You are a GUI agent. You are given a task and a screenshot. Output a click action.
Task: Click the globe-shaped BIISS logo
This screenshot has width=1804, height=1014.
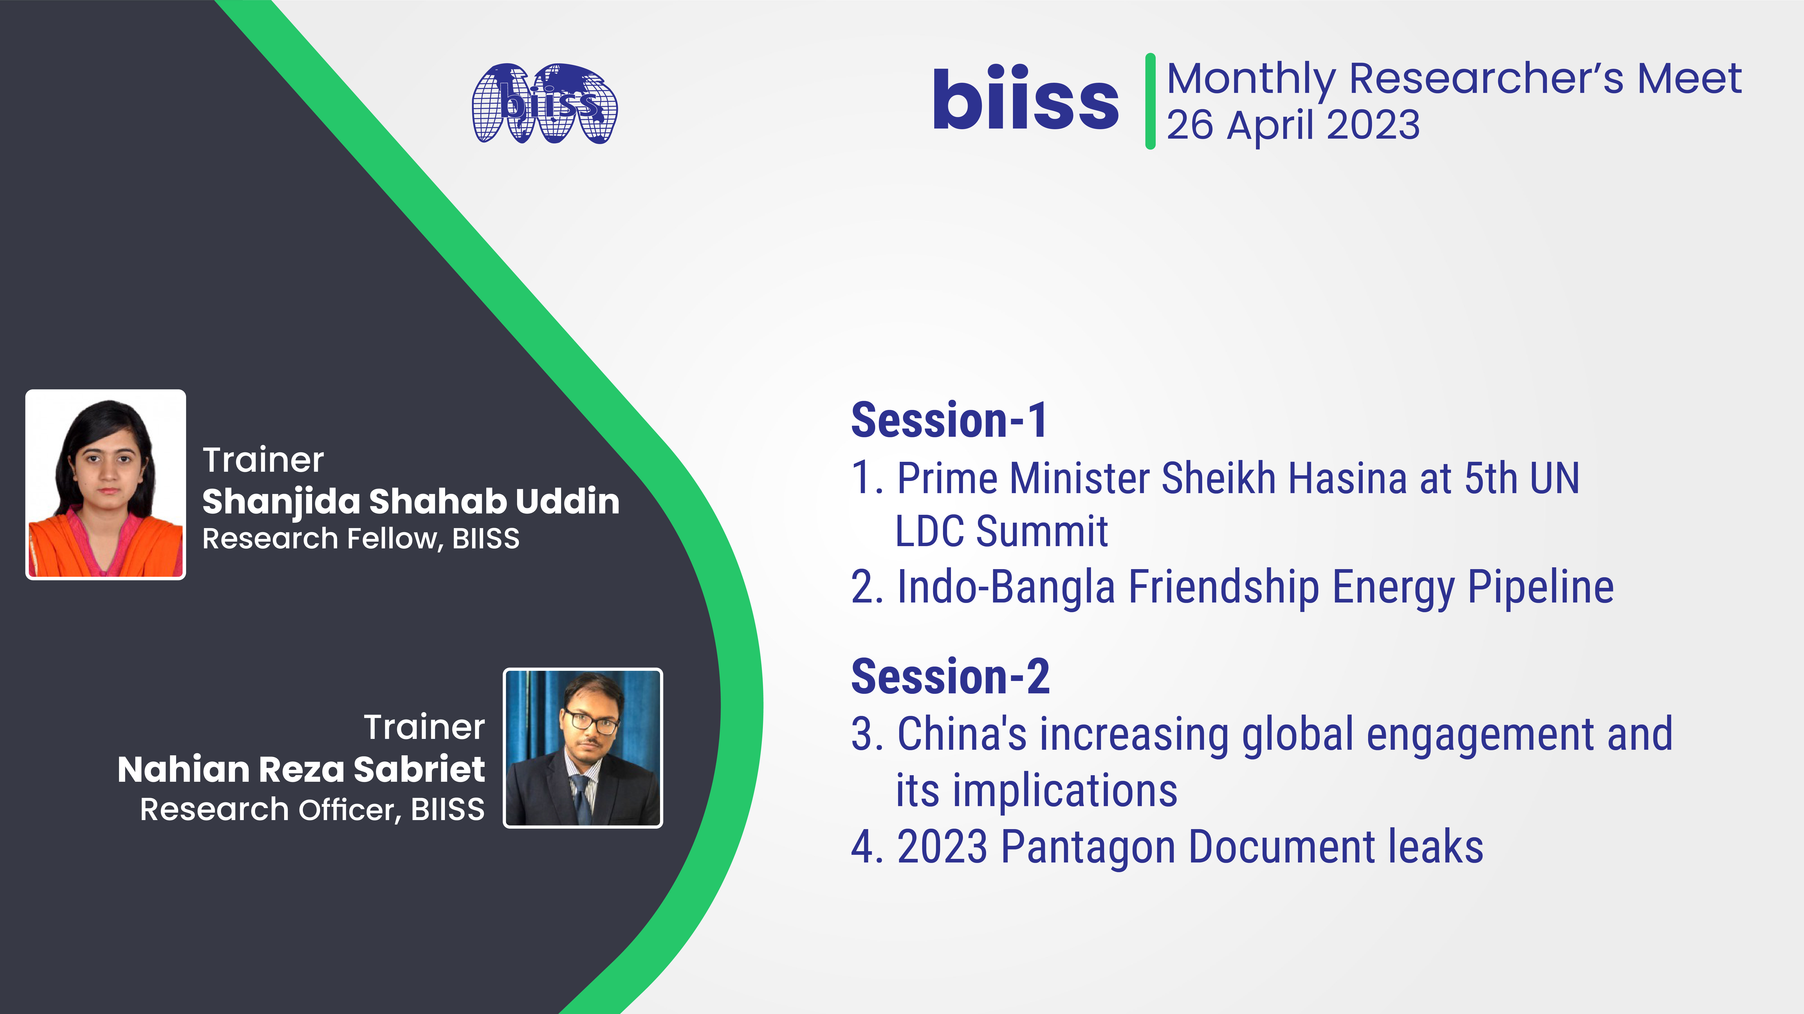click(545, 104)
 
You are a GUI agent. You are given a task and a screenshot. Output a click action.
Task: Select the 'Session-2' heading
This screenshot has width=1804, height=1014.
click(950, 676)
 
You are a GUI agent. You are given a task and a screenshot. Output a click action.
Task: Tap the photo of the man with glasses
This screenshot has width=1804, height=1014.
click(583, 748)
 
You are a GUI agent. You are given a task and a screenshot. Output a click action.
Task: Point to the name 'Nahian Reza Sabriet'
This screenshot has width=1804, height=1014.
click(301, 769)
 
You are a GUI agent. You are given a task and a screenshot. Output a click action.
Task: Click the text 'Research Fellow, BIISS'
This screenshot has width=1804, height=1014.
click(361, 538)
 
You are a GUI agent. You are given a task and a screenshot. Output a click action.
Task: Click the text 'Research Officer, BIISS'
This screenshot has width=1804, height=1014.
click(312, 809)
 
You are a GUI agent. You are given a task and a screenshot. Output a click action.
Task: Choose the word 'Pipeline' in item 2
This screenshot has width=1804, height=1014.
click(1541, 588)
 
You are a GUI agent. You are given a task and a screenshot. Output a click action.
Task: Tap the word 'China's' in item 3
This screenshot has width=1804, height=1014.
click(962, 735)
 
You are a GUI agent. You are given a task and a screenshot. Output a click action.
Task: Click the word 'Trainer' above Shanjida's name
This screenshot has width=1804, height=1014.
click(263, 460)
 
